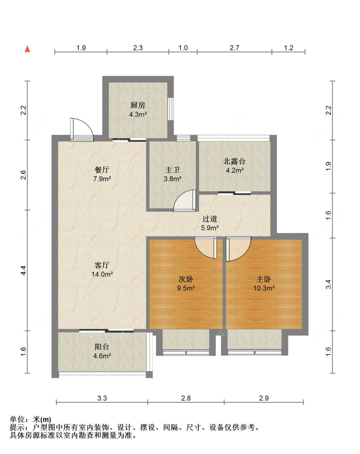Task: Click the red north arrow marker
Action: (28, 49)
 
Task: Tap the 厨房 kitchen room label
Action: (138, 105)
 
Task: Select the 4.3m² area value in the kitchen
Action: (138, 115)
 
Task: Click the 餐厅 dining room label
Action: (102, 169)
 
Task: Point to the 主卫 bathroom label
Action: (172, 170)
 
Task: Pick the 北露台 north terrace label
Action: (235, 161)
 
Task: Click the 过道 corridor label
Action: (210, 219)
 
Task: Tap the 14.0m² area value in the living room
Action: (102, 274)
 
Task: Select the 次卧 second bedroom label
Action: (186, 279)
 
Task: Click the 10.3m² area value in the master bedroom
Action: (264, 288)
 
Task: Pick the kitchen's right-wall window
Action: (171, 109)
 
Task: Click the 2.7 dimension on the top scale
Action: (234, 48)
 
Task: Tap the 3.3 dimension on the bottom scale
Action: (102, 398)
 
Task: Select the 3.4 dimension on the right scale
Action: (329, 284)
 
